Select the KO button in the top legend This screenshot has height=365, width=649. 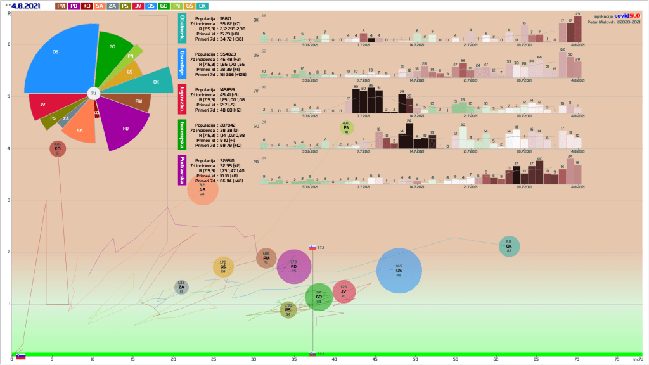point(87,6)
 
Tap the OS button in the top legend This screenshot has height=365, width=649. point(150,6)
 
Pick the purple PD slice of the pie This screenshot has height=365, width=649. point(124,127)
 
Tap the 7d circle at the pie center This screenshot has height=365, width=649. point(93,94)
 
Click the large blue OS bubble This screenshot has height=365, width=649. point(399,271)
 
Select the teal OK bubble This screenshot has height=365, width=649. point(509,247)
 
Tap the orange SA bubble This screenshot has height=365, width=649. point(202,189)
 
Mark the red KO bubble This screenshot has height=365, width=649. point(58,148)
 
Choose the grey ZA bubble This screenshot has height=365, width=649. point(181,288)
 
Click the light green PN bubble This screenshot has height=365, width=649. point(346,129)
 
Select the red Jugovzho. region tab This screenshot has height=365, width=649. point(183,99)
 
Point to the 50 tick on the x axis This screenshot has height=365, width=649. point(414,360)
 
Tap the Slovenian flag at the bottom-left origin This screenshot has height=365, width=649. point(20,357)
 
